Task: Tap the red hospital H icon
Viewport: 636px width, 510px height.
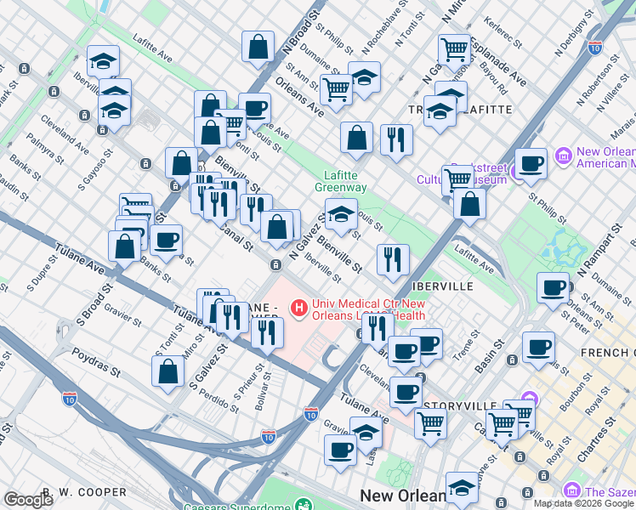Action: pos(299,307)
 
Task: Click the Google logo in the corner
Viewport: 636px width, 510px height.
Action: pos(28,499)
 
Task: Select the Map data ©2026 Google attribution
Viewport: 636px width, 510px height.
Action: pos(583,503)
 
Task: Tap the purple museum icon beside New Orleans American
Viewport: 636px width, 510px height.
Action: pos(562,156)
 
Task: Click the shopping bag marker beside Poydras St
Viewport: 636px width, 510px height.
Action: pos(168,371)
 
